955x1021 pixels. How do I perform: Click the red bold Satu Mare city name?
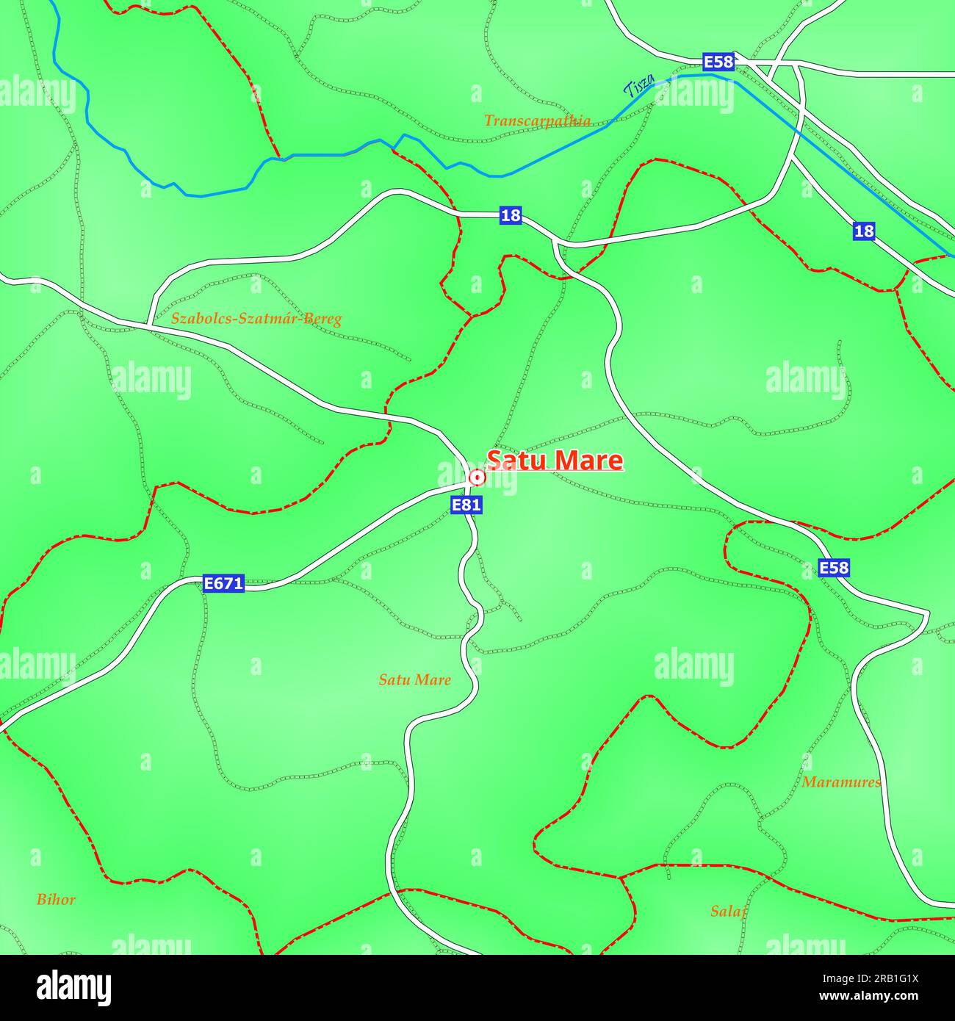pyautogui.click(x=555, y=461)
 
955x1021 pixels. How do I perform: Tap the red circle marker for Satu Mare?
pyautogui.click(x=477, y=478)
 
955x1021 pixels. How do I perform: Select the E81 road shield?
pyautogui.click(x=466, y=505)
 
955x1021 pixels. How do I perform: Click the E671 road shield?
pyautogui.click(x=223, y=584)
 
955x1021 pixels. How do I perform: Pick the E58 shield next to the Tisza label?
pyautogui.click(x=718, y=62)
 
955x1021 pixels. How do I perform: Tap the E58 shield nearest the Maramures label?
pyautogui.click(x=834, y=568)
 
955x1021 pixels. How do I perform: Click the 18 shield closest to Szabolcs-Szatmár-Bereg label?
pyautogui.click(x=511, y=216)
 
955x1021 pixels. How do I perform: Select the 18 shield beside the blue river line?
pyautogui.click(x=864, y=231)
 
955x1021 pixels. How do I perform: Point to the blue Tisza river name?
pyautogui.click(x=638, y=89)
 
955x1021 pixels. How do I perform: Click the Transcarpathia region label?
pyautogui.click(x=537, y=121)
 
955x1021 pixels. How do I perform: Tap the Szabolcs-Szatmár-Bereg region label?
pyautogui.click(x=256, y=320)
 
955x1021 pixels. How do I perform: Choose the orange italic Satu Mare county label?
pyautogui.click(x=414, y=680)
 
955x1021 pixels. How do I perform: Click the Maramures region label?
pyautogui.click(x=841, y=782)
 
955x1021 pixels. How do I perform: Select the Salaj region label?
pyautogui.click(x=728, y=912)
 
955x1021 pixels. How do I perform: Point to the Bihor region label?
pyautogui.click(x=56, y=900)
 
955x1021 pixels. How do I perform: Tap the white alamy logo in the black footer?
pyautogui.click(x=73, y=988)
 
